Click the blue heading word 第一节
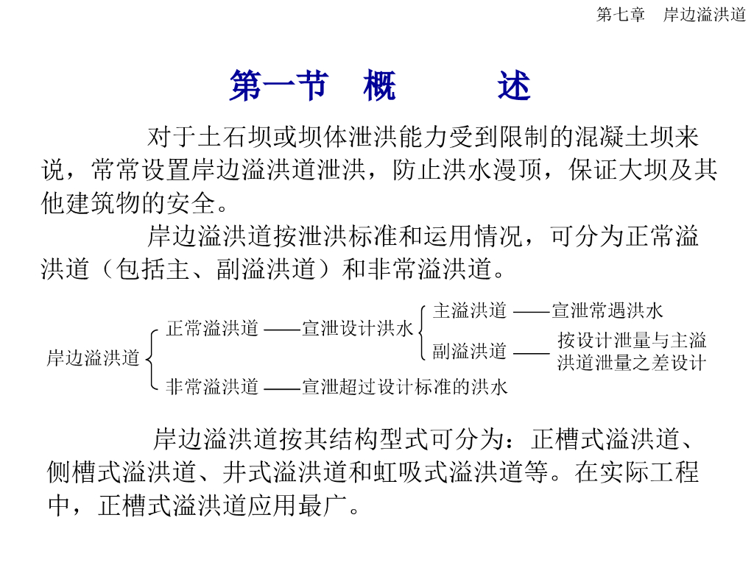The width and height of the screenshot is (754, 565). click(x=278, y=87)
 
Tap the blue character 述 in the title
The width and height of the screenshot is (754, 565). click(x=513, y=87)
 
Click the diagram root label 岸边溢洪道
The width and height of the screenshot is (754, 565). click(x=93, y=358)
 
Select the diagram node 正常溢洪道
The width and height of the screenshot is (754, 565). click(x=212, y=329)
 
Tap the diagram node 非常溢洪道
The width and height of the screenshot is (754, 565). click(x=212, y=386)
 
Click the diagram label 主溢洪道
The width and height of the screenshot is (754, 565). click(x=470, y=310)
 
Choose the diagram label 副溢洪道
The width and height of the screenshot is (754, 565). click(x=470, y=352)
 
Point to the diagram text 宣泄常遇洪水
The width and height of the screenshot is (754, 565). click(x=607, y=310)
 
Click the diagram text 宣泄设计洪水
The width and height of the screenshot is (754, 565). click(x=358, y=329)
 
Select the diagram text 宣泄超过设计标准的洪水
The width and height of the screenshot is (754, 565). click(x=405, y=386)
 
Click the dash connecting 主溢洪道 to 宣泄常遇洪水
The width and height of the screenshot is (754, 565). click(x=531, y=312)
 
